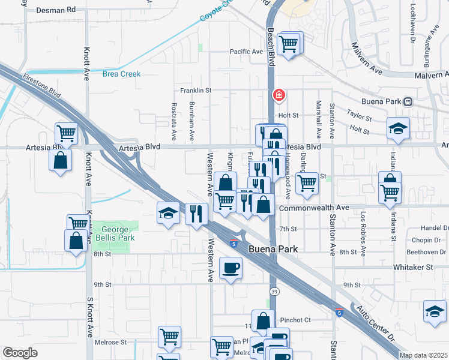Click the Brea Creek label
pos(121,74)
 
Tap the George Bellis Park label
pos(115,233)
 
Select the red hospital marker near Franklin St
pos(279,95)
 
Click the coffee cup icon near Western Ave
pos(230,268)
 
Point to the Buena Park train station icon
pos(408,102)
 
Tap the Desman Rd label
pos(56,10)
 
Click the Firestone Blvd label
pos(42,86)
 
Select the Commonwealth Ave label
pos(313,208)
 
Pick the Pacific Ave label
pos(247,52)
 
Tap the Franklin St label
pos(196,91)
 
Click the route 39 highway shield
pos(274,291)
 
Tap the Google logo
pos(20,353)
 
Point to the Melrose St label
pos(110,343)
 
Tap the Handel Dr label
pos(435,228)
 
